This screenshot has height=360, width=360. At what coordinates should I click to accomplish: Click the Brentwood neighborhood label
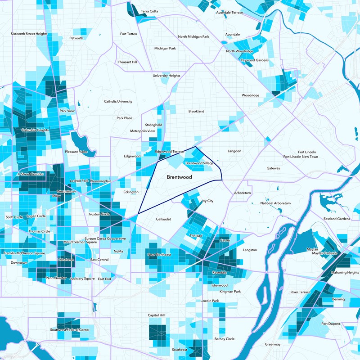tap(179, 177)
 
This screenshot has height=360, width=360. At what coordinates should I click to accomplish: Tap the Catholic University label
tap(118, 102)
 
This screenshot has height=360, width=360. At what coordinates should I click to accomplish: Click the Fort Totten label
tap(129, 34)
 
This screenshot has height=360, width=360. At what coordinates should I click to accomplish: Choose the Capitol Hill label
tap(156, 315)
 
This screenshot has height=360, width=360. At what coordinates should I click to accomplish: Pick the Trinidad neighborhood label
tap(196, 235)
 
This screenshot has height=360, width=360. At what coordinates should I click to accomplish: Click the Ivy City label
tap(207, 201)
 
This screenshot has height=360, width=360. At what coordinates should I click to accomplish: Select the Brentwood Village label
tap(199, 163)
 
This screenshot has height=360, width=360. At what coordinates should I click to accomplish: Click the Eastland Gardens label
tap(336, 219)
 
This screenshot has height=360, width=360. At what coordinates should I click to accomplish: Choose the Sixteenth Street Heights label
tap(29, 34)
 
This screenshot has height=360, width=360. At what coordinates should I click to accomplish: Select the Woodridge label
tap(250, 95)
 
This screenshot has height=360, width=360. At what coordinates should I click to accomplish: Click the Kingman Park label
tap(230, 292)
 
